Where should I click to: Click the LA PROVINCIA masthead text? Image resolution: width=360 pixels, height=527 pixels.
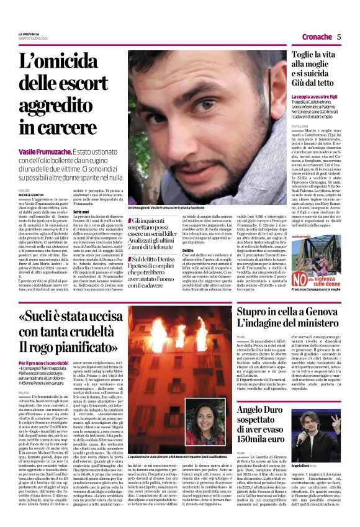tap(29, 33)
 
